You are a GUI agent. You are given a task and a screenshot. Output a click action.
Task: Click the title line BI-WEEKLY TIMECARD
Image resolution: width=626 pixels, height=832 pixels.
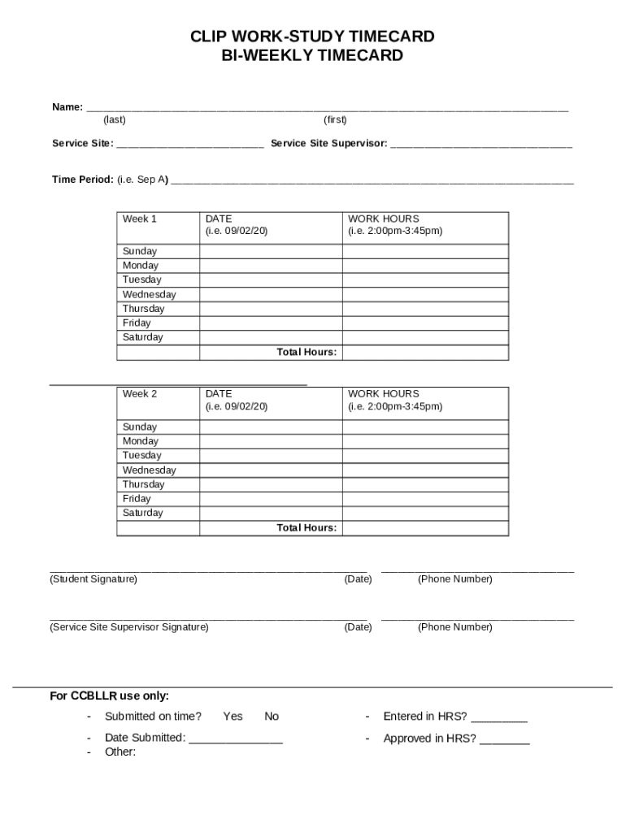312,56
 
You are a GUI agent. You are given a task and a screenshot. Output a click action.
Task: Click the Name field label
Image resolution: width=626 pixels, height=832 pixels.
67,106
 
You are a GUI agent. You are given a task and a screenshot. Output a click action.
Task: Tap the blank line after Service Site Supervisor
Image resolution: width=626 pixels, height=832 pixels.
481,144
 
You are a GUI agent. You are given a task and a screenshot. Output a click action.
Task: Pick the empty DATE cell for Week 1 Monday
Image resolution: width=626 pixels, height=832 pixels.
271,266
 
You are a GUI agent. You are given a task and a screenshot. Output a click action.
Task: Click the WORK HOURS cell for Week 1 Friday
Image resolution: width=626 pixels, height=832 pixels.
425,323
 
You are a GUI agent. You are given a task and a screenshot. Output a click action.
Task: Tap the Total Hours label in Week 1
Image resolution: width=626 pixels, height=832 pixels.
306,353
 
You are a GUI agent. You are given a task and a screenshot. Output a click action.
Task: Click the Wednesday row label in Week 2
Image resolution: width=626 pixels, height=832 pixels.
149,470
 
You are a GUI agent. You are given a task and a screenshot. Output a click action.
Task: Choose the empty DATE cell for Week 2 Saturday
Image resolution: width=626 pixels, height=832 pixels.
271,513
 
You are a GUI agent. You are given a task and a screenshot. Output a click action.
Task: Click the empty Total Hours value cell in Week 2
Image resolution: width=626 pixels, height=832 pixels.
425,528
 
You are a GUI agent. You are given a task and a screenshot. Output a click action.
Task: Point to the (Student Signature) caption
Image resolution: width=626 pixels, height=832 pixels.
93,579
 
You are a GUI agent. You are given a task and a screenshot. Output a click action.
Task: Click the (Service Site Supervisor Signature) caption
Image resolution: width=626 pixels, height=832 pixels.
128,627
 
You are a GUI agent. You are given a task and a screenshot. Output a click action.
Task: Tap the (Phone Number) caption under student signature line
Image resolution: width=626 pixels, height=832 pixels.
454,579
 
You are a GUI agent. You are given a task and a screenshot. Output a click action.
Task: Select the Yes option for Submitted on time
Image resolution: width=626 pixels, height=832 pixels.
233,717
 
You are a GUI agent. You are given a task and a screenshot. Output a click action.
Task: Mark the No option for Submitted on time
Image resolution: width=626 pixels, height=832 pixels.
272,717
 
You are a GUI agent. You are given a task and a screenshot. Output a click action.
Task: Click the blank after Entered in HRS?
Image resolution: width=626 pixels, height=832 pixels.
499,718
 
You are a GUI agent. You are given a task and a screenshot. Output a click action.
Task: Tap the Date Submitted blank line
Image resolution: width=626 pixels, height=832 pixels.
236,740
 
